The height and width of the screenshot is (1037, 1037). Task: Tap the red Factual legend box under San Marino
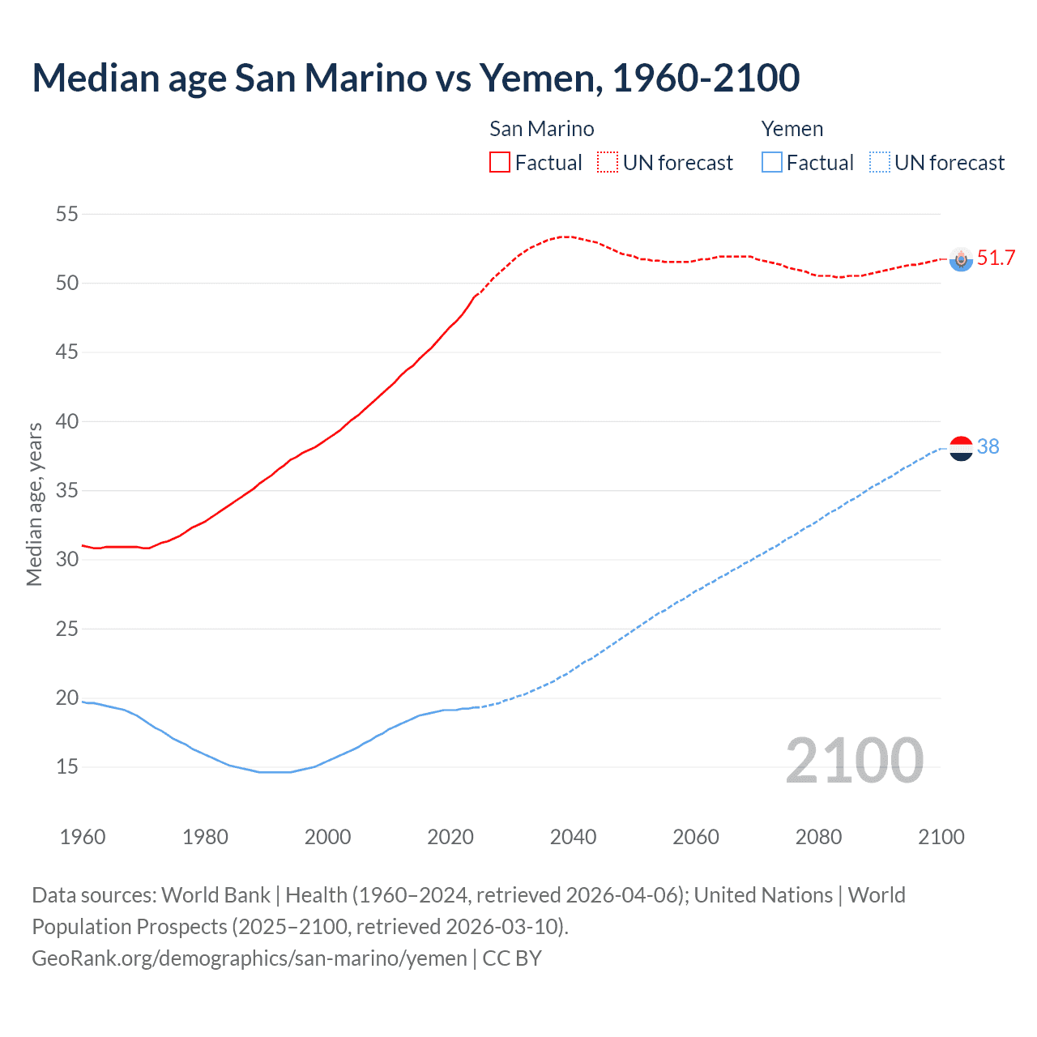(500, 163)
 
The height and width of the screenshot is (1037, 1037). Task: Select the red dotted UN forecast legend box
(608, 163)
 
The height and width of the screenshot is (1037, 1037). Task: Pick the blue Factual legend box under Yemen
(772, 163)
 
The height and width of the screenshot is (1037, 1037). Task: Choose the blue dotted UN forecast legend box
(880, 163)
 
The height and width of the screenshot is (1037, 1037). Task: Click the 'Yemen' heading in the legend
(792, 129)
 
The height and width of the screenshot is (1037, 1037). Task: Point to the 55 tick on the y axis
(67, 215)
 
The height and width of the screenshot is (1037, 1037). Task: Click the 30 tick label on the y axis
(67, 560)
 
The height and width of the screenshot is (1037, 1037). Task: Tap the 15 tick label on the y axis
(67, 766)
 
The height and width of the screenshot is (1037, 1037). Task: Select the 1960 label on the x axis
(83, 837)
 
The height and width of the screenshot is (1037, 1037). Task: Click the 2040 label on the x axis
(573, 837)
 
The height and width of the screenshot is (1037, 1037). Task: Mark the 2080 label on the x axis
(818, 837)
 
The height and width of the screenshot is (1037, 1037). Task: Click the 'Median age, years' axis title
(34, 504)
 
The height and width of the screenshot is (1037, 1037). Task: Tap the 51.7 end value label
(996, 258)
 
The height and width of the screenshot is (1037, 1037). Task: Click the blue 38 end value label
(988, 447)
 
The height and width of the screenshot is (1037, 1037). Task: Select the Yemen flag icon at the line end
(961, 447)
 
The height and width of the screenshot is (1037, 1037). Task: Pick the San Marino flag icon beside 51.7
(961, 259)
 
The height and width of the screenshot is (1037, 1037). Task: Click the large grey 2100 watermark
(854, 761)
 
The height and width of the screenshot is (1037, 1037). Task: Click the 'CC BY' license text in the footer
(512, 958)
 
